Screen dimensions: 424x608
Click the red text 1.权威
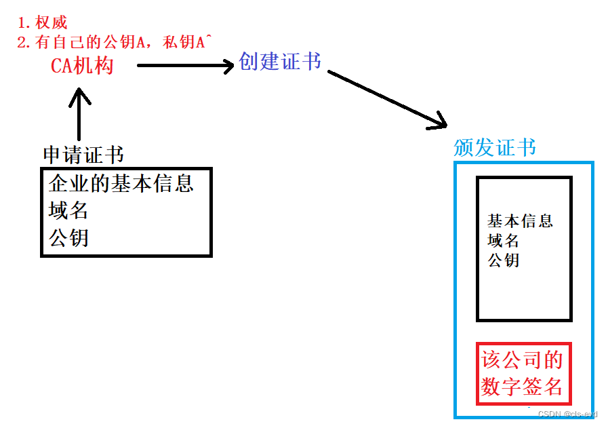click(42, 23)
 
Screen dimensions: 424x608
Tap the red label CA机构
click(82, 66)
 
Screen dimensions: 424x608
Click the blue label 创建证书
click(279, 62)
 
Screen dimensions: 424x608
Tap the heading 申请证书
click(83, 155)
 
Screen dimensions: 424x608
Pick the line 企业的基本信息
click(121, 182)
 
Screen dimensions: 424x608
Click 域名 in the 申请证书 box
click(68, 210)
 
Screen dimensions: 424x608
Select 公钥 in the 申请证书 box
click(68, 238)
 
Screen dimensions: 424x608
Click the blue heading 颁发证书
click(494, 148)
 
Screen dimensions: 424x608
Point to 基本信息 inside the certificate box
click(520, 221)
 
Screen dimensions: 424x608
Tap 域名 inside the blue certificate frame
click(503, 240)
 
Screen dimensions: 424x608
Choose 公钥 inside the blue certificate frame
click(503, 260)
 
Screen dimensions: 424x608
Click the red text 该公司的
click(522, 359)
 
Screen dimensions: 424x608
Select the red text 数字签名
click(522, 387)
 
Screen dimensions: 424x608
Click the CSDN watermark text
click(567, 414)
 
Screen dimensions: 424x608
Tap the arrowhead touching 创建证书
click(227, 66)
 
